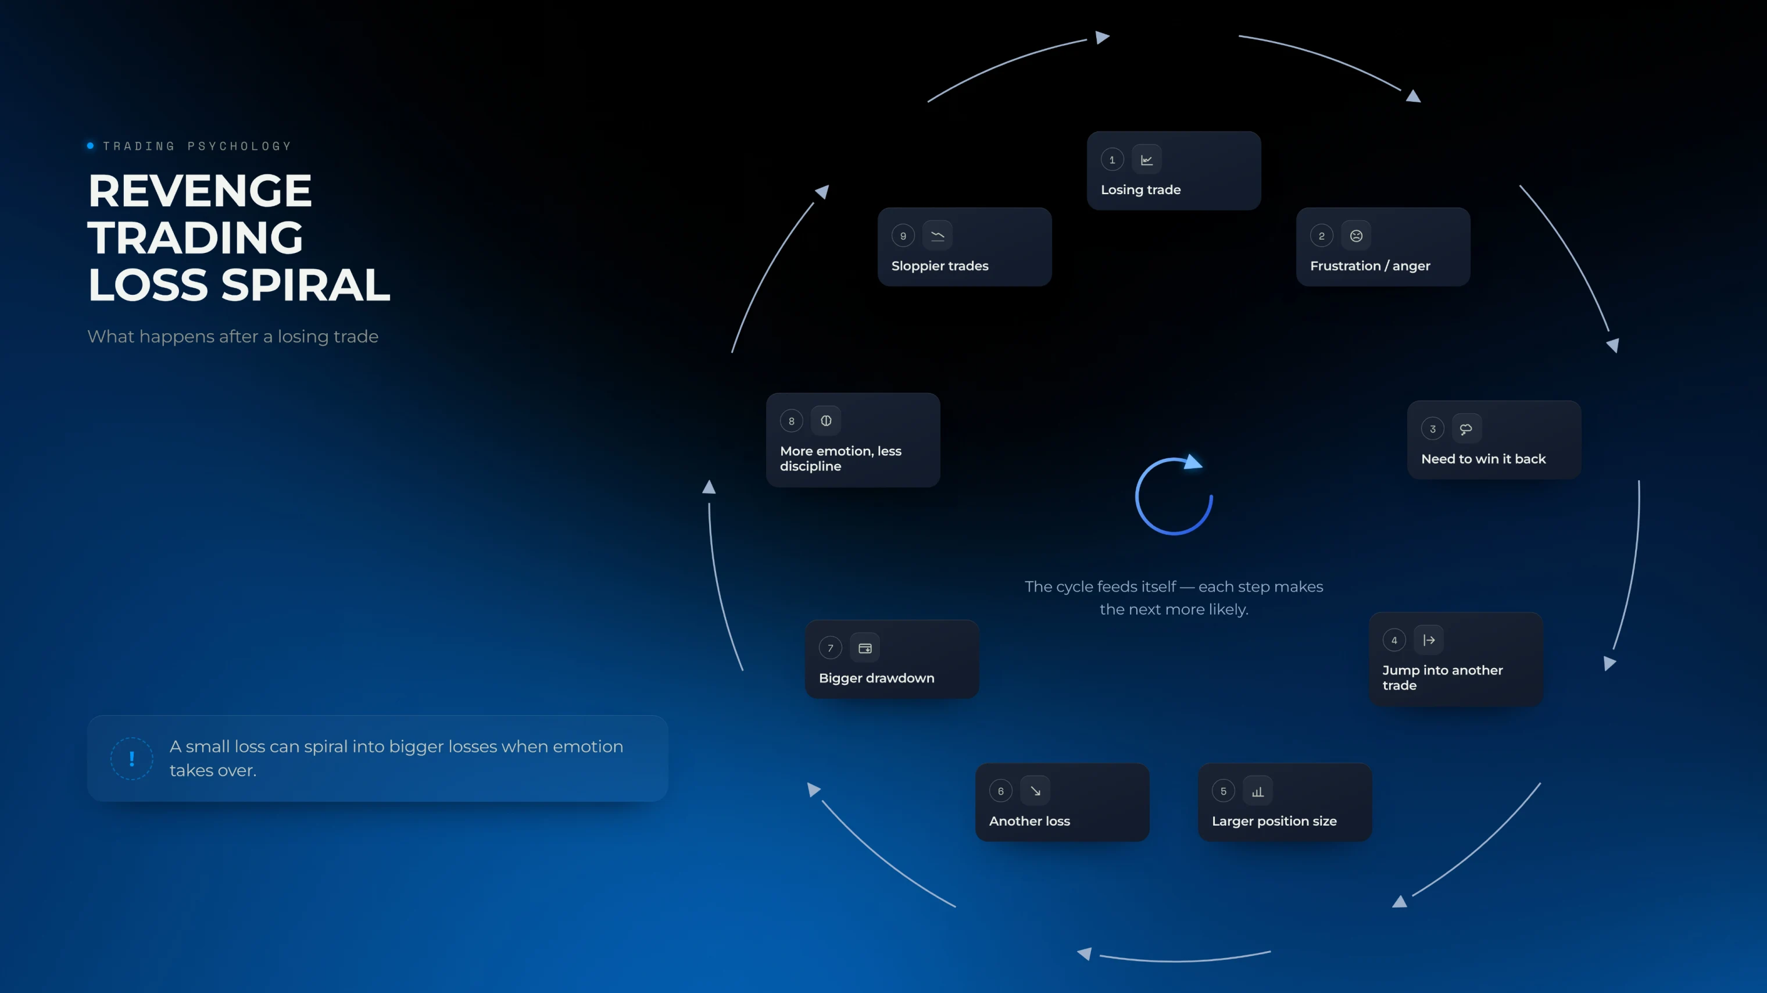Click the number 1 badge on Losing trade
(1112, 160)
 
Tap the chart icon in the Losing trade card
(1146, 160)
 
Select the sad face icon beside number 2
(1355, 236)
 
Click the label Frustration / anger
(1370, 266)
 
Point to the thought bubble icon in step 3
(1466, 429)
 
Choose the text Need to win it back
(1483, 458)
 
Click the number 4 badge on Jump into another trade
(1394, 640)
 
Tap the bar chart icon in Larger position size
(1257, 791)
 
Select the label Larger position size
(1274, 821)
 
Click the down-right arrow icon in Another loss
(1035, 791)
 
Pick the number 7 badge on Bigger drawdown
(830, 648)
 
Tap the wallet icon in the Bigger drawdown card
(864, 648)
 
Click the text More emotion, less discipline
(840, 458)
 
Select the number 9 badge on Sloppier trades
(903, 236)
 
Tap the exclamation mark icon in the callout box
(132, 758)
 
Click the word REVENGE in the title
(199, 190)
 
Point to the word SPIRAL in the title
(305, 284)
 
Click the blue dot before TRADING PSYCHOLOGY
(91, 145)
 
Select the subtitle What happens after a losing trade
(233, 336)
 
